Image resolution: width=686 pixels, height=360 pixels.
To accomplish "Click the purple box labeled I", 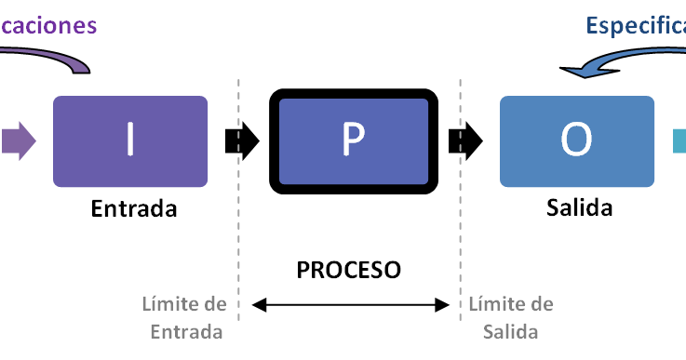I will (x=129, y=141).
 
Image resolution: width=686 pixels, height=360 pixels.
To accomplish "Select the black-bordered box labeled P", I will (x=353, y=141).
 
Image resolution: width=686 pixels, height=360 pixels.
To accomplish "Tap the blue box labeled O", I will (x=576, y=141).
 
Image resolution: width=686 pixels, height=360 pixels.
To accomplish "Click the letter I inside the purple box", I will (x=129, y=140).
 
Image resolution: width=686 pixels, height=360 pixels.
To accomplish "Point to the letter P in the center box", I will (x=353, y=140).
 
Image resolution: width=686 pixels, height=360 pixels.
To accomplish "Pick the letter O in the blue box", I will (x=576, y=140).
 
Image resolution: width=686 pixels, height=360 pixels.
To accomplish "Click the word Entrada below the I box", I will (x=134, y=209).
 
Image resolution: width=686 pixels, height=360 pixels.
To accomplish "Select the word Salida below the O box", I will (x=579, y=207).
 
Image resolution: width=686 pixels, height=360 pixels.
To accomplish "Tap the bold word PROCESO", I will (x=349, y=270).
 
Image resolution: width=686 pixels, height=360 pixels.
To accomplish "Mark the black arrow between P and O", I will (x=464, y=140).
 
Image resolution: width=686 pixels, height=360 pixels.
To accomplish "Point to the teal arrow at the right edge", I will (x=679, y=140).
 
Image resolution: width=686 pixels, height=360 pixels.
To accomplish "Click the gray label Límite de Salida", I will (x=511, y=318).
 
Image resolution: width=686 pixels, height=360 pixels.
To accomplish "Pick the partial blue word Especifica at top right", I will (x=636, y=25).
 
